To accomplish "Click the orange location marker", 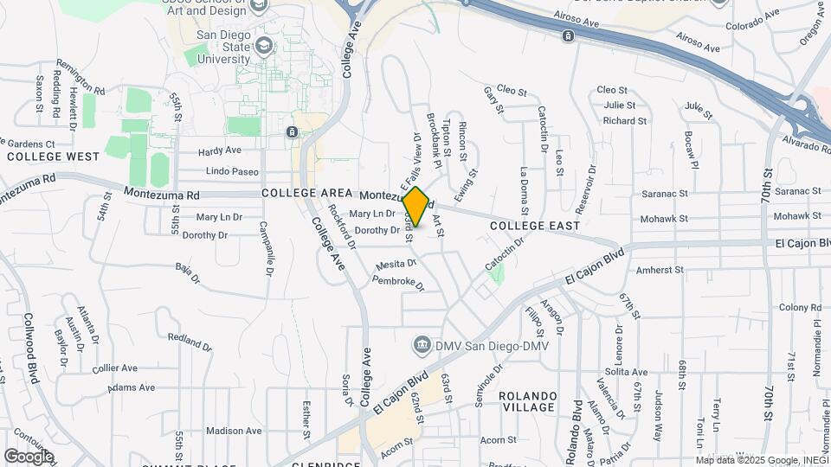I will click(x=415, y=207).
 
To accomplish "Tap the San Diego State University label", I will click(x=222, y=48).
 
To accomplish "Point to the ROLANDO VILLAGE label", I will click(x=526, y=400).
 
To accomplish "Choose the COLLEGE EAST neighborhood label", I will click(x=534, y=226).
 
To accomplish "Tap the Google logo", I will click(x=29, y=456).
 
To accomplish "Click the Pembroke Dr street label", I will click(x=398, y=282).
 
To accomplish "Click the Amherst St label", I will click(x=660, y=271).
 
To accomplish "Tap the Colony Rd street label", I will click(x=798, y=307).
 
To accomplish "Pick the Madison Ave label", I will click(x=234, y=431).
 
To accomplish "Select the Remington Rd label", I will click(x=80, y=77).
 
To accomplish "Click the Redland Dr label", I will click(x=190, y=337).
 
